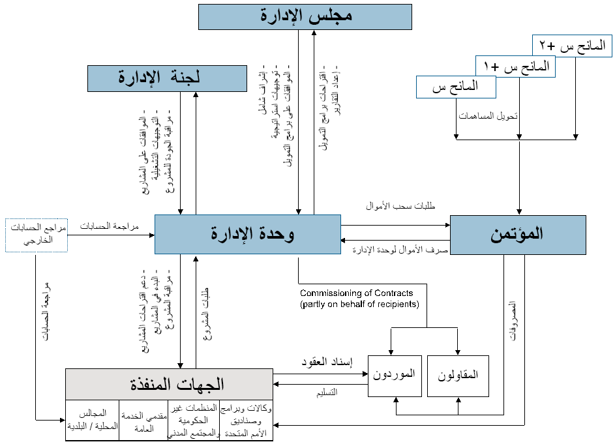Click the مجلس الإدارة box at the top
pyautogui.click(x=305, y=18)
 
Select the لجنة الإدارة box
pyautogui.click(x=158, y=78)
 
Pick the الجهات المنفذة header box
pyautogui.click(x=169, y=383)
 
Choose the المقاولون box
pyautogui.click(x=458, y=376)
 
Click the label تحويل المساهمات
pyautogui.click(x=487, y=116)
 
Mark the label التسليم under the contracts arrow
pyautogui.click(x=326, y=392)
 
